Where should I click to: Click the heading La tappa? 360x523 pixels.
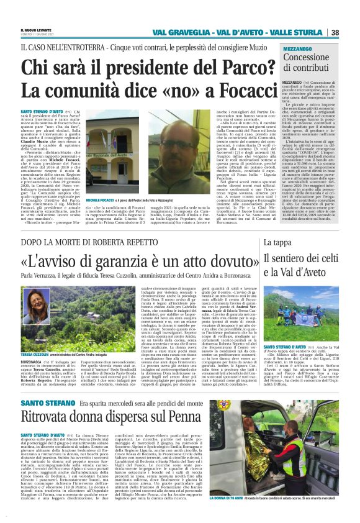(x=279, y=242)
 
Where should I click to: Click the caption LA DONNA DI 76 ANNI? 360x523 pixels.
(x=285, y=498)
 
